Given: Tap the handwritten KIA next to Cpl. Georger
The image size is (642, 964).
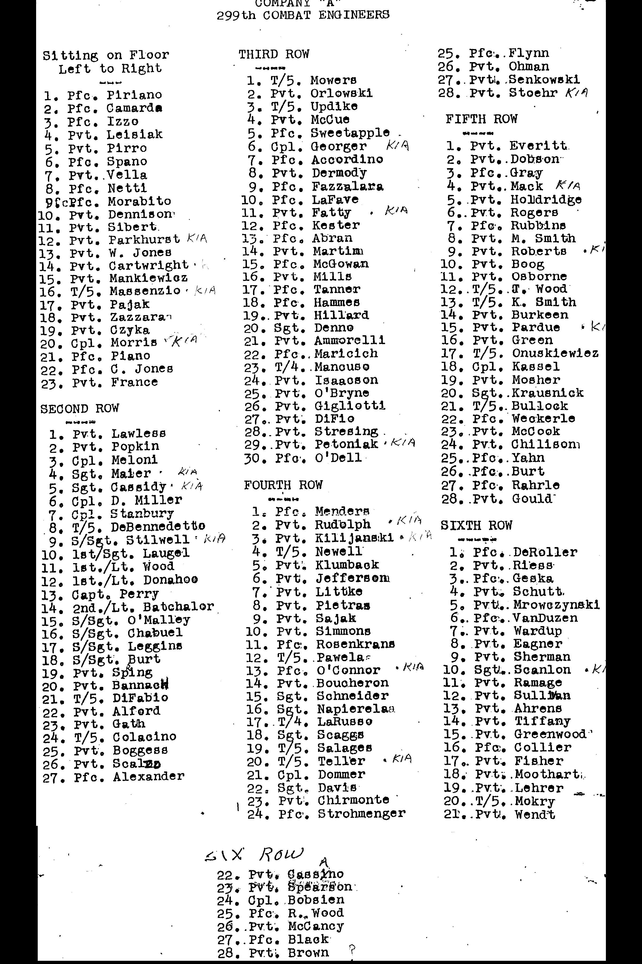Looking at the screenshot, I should (x=397, y=145).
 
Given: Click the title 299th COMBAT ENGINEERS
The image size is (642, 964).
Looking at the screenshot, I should (x=303, y=16).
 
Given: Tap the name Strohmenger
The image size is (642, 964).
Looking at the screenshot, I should (x=362, y=814).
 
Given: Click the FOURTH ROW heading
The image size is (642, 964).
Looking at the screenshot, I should (x=283, y=485).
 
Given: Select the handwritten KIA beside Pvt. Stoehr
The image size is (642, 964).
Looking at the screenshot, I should (x=576, y=93).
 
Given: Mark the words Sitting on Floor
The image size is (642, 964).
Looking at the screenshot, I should (x=106, y=55).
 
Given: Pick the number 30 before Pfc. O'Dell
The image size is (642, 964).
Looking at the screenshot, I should (x=252, y=458).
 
